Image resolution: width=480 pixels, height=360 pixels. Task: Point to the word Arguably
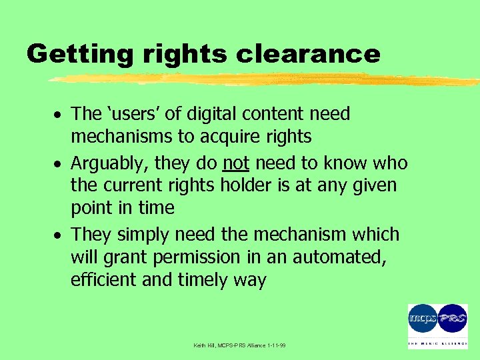pyautogui.click(x=109, y=163)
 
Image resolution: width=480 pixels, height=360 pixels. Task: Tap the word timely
pyautogui.click(x=203, y=279)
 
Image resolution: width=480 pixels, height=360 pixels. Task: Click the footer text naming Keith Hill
pyautogui.click(x=238, y=346)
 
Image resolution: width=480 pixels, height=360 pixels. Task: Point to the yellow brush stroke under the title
pyautogui.click(x=260, y=79)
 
